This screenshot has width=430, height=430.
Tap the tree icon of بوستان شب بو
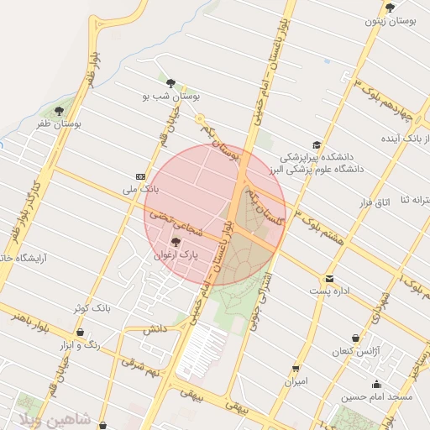[x=171, y=83]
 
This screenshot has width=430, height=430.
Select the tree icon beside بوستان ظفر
[x=59, y=110]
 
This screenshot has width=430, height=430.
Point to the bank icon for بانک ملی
[x=139, y=176]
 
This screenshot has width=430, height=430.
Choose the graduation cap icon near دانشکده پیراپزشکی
[x=317, y=145]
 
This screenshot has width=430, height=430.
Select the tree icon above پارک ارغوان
[x=175, y=242]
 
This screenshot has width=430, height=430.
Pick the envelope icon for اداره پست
[x=329, y=279]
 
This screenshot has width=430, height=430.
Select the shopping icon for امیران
[x=296, y=369]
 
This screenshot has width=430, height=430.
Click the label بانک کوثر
[x=92, y=308]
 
